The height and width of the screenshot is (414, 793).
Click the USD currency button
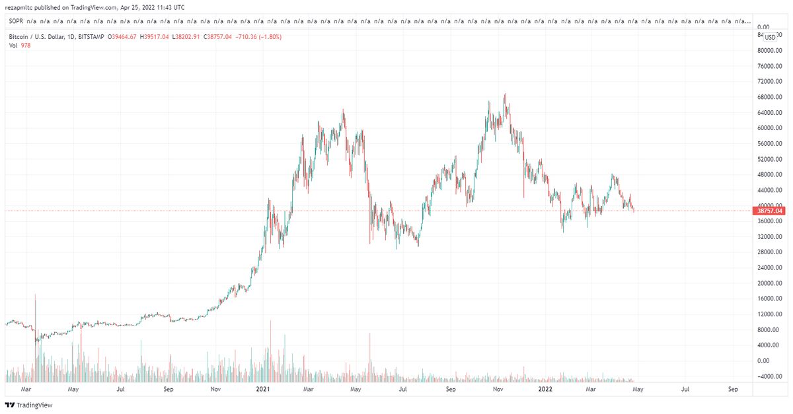(x=770, y=37)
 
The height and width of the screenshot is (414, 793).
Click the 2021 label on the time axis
(x=262, y=390)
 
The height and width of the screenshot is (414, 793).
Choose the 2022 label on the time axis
(x=545, y=390)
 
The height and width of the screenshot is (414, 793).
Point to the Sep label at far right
(x=733, y=390)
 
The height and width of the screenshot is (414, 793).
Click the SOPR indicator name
(x=16, y=22)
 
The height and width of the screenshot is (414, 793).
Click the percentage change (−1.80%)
(x=266, y=37)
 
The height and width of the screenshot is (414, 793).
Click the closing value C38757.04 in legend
(x=217, y=37)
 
